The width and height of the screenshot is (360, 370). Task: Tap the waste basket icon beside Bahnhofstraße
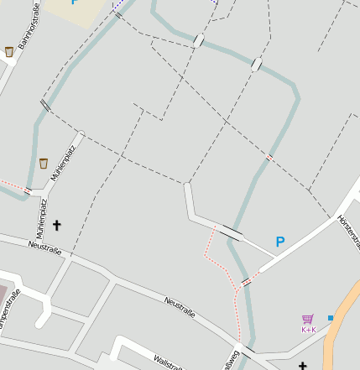[x=9, y=52]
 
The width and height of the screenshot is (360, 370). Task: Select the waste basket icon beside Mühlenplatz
[x=44, y=163]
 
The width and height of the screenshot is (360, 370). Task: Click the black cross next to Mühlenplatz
[x=58, y=225]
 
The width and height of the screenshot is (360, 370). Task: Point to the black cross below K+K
[x=303, y=366]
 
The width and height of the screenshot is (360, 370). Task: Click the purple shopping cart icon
[x=308, y=319]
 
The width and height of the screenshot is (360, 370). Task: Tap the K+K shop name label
[x=308, y=330]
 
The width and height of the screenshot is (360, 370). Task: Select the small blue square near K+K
[x=331, y=318]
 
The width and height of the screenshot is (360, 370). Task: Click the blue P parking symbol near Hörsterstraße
[x=280, y=242]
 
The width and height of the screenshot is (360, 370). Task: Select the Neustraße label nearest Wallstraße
[x=180, y=307]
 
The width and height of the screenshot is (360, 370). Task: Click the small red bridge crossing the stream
[x=269, y=157]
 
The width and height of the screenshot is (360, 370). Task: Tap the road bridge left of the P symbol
[x=232, y=232]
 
